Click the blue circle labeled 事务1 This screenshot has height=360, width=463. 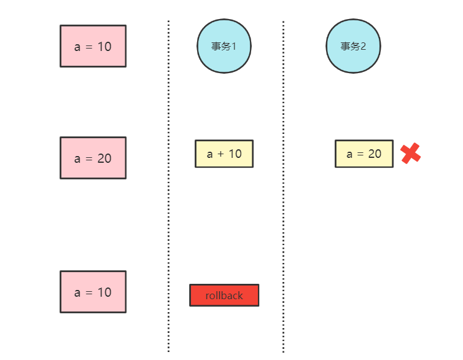click(x=224, y=46)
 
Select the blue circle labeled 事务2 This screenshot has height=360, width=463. click(x=353, y=46)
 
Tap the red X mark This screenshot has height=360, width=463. click(x=410, y=154)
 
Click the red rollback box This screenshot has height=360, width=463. click(x=224, y=295)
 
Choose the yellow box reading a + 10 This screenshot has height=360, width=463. click(x=224, y=154)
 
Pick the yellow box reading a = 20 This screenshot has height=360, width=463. click(x=364, y=154)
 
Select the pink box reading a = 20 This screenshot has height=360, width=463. click(x=93, y=158)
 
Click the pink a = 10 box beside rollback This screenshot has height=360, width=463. click(x=93, y=292)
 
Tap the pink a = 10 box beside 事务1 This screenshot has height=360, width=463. click(x=93, y=46)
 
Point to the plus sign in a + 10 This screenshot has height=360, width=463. click(x=220, y=154)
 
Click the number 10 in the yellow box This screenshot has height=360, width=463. click(x=235, y=154)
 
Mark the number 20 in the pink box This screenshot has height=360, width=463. click(x=104, y=158)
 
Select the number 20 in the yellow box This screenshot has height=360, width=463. click(x=375, y=154)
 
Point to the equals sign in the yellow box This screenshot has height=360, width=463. click(x=361, y=154)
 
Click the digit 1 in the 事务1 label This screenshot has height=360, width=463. click(x=233, y=47)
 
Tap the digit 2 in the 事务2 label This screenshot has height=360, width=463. click(x=362, y=47)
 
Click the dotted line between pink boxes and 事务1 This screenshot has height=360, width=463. click(x=168, y=184)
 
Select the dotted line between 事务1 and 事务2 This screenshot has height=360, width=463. click(x=283, y=184)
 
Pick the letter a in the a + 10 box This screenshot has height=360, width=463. click(x=210, y=154)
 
